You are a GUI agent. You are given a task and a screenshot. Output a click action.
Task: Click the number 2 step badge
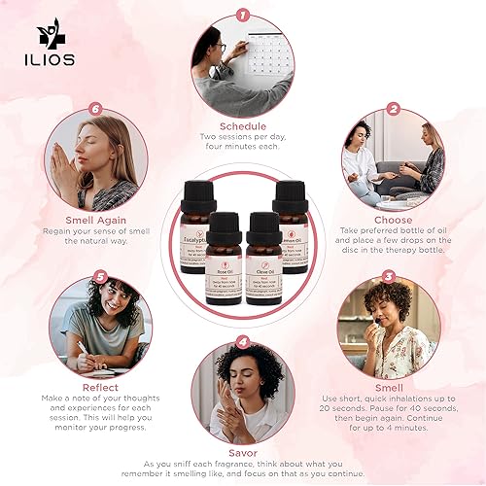[394, 109]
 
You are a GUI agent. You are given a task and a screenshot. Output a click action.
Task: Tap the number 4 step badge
[242, 342]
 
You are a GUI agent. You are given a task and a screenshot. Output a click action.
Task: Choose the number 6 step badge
[95, 109]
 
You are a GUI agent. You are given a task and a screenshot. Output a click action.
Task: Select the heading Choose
[393, 220]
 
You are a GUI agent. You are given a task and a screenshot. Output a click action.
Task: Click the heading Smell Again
[95, 220]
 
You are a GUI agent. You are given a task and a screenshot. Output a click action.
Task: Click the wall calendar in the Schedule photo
[260, 53]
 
